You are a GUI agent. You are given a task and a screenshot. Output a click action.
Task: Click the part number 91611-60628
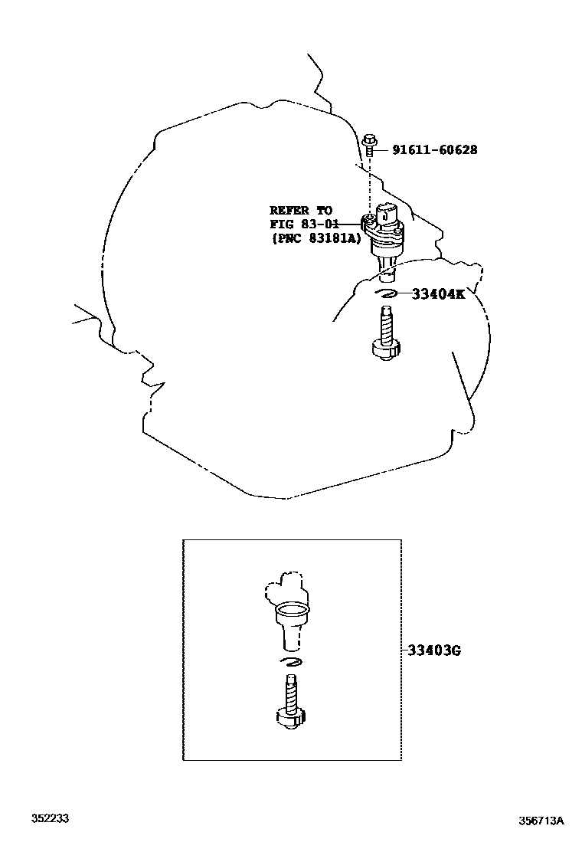tap(434, 150)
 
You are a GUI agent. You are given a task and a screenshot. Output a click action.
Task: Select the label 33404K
tap(438, 293)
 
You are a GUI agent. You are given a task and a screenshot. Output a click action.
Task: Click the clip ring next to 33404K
tap(385, 293)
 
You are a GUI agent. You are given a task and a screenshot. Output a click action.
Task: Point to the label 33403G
tap(433, 651)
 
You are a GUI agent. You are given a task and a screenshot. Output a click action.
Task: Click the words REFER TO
tap(300, 210)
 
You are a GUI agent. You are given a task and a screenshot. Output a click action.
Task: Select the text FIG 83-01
tap(304, 224)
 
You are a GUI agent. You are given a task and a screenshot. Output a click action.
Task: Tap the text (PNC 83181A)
tap(314, 238)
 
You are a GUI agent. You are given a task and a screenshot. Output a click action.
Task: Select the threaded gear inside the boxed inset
tap(290, 700)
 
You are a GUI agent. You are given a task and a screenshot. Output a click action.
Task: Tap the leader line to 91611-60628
tap(382, 150)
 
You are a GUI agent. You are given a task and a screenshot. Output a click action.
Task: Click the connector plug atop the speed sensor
tap(387, 212)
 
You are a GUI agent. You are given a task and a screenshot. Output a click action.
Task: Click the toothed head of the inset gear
tap(290, 718)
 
